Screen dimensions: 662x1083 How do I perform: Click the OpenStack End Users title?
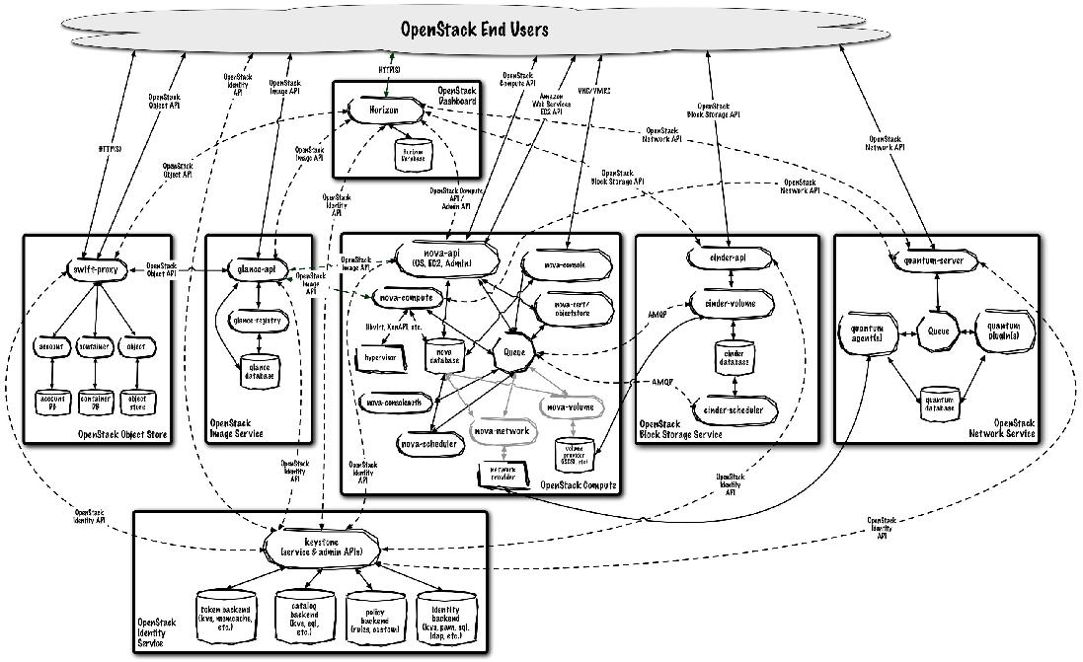point(474,30)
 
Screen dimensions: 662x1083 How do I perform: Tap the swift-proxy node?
point(96,267)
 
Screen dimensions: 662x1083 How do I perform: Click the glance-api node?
point(256,267)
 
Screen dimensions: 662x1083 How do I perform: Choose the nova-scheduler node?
point(428,444)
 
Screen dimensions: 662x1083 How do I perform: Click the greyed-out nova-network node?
point(502,431)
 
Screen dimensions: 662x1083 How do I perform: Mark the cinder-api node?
point(728,257)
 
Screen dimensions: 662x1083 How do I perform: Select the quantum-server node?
point(932,260)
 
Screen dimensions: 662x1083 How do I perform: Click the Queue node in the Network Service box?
point(938,331)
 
